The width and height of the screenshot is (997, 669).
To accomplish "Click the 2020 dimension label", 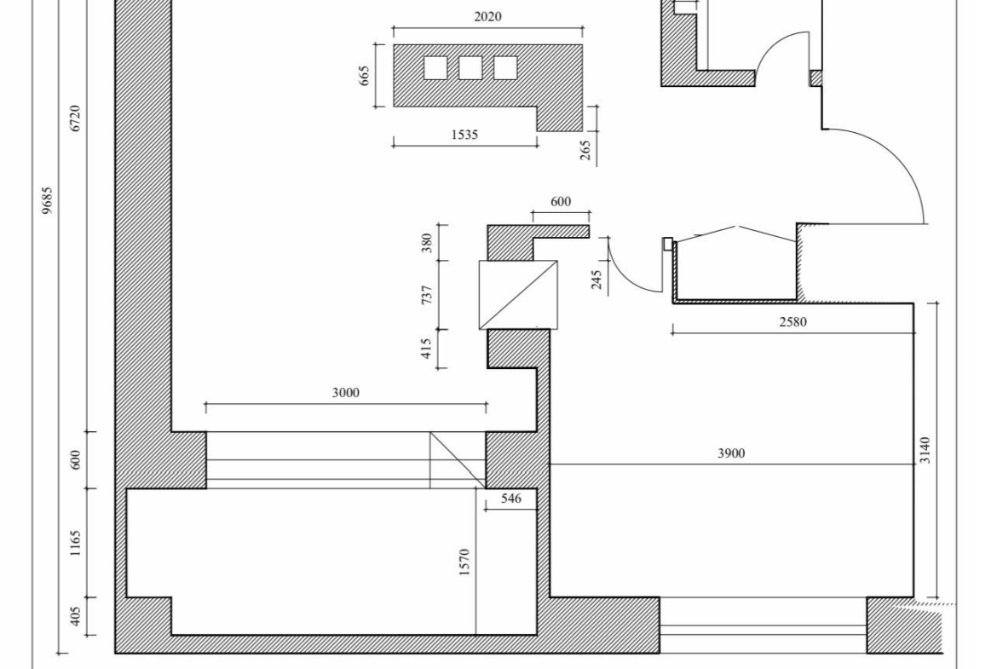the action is tap(487, 16).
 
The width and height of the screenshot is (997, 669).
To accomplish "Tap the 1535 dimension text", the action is tap(464, 134).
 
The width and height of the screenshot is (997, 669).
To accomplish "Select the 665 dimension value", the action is tap(365, 76).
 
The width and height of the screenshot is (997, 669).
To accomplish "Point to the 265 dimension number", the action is tap(585, 150).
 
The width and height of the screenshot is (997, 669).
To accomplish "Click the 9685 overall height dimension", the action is tap(47, 200).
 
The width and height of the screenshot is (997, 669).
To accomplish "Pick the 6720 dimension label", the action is tap(75, 118).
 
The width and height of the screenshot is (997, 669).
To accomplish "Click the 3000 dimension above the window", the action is tap(345, 392).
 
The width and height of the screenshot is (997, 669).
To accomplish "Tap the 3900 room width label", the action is tap(731, 453).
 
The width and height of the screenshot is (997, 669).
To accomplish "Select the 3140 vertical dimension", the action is tap(925, 450).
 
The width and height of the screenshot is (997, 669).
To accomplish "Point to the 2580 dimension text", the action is tap(792, 322).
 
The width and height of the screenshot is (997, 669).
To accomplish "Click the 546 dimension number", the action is tap(510, 498).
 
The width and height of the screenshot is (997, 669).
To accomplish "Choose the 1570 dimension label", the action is tap(464, 562).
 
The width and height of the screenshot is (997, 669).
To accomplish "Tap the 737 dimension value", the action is tap(427, 294).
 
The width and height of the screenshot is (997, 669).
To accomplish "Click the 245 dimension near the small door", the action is tap(596, 280).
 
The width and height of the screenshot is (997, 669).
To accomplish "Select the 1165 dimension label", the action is tap(75, 543).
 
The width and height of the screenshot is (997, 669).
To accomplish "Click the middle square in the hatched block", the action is tap(470, 68).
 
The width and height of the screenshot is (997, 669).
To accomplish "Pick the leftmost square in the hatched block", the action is tap(435, 68).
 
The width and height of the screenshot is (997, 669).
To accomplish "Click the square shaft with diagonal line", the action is tap(518, 294).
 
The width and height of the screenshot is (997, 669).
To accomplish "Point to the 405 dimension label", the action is tap(75, 615).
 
